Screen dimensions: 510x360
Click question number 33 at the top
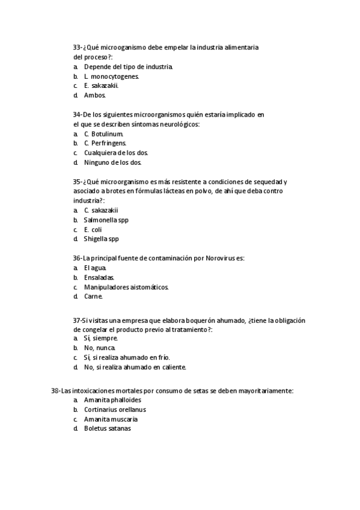78,47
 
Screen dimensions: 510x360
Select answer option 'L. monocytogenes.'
112,76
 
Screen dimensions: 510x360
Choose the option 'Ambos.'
95,96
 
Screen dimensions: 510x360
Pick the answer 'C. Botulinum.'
104,134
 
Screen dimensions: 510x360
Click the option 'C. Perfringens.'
105,143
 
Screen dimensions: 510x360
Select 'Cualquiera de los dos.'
116,153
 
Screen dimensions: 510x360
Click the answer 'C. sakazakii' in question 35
101,210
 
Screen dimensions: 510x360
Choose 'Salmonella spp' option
106,220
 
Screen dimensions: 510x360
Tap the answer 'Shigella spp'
102,239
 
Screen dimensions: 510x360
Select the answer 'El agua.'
96,268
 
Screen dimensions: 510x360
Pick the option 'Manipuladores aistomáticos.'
126,287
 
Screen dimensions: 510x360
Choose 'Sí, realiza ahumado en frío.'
127,358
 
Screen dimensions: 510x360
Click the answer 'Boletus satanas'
108,429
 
